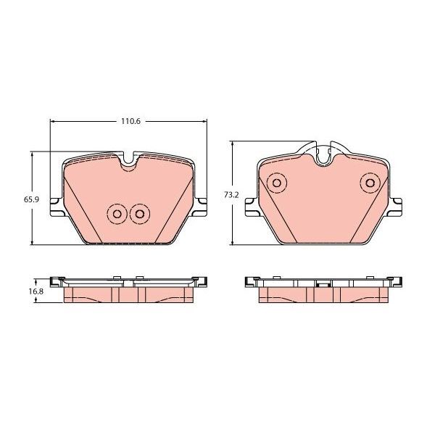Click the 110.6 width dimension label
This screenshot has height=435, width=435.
coord(130,121)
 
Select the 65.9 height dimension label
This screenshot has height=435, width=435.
coord(31,199)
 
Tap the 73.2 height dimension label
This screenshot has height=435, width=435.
coord(231,195)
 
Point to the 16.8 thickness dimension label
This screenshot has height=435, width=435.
coord(36,291)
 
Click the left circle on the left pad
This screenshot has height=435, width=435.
coord(117,214)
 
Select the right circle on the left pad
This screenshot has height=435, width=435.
coord(139,214)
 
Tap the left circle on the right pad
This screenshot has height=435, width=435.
coord(277,183)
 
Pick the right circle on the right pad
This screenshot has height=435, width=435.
coord(370,183)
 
